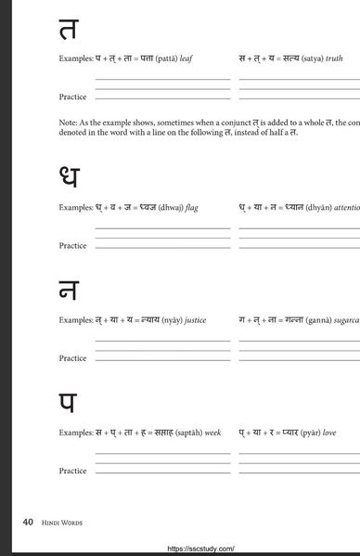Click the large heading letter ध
click(x=68, y=177)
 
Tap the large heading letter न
click(x=67, y=291)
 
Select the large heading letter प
click(x=68, y=404)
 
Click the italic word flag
click(x=192, y=208)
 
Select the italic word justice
click(x=195, y=320)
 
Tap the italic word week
click(x=212, y=433)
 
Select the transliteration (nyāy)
click(x=168, y=320)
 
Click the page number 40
click(x=28, y=523)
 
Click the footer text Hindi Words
click(x=62, y=524)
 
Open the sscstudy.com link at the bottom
click(x=200, y=549)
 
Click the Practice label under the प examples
click(x=72, y=471)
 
